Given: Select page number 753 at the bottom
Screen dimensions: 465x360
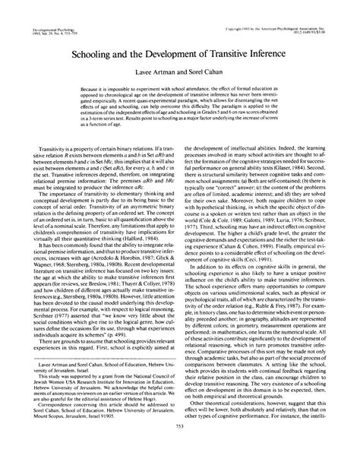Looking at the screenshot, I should point(179,448).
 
